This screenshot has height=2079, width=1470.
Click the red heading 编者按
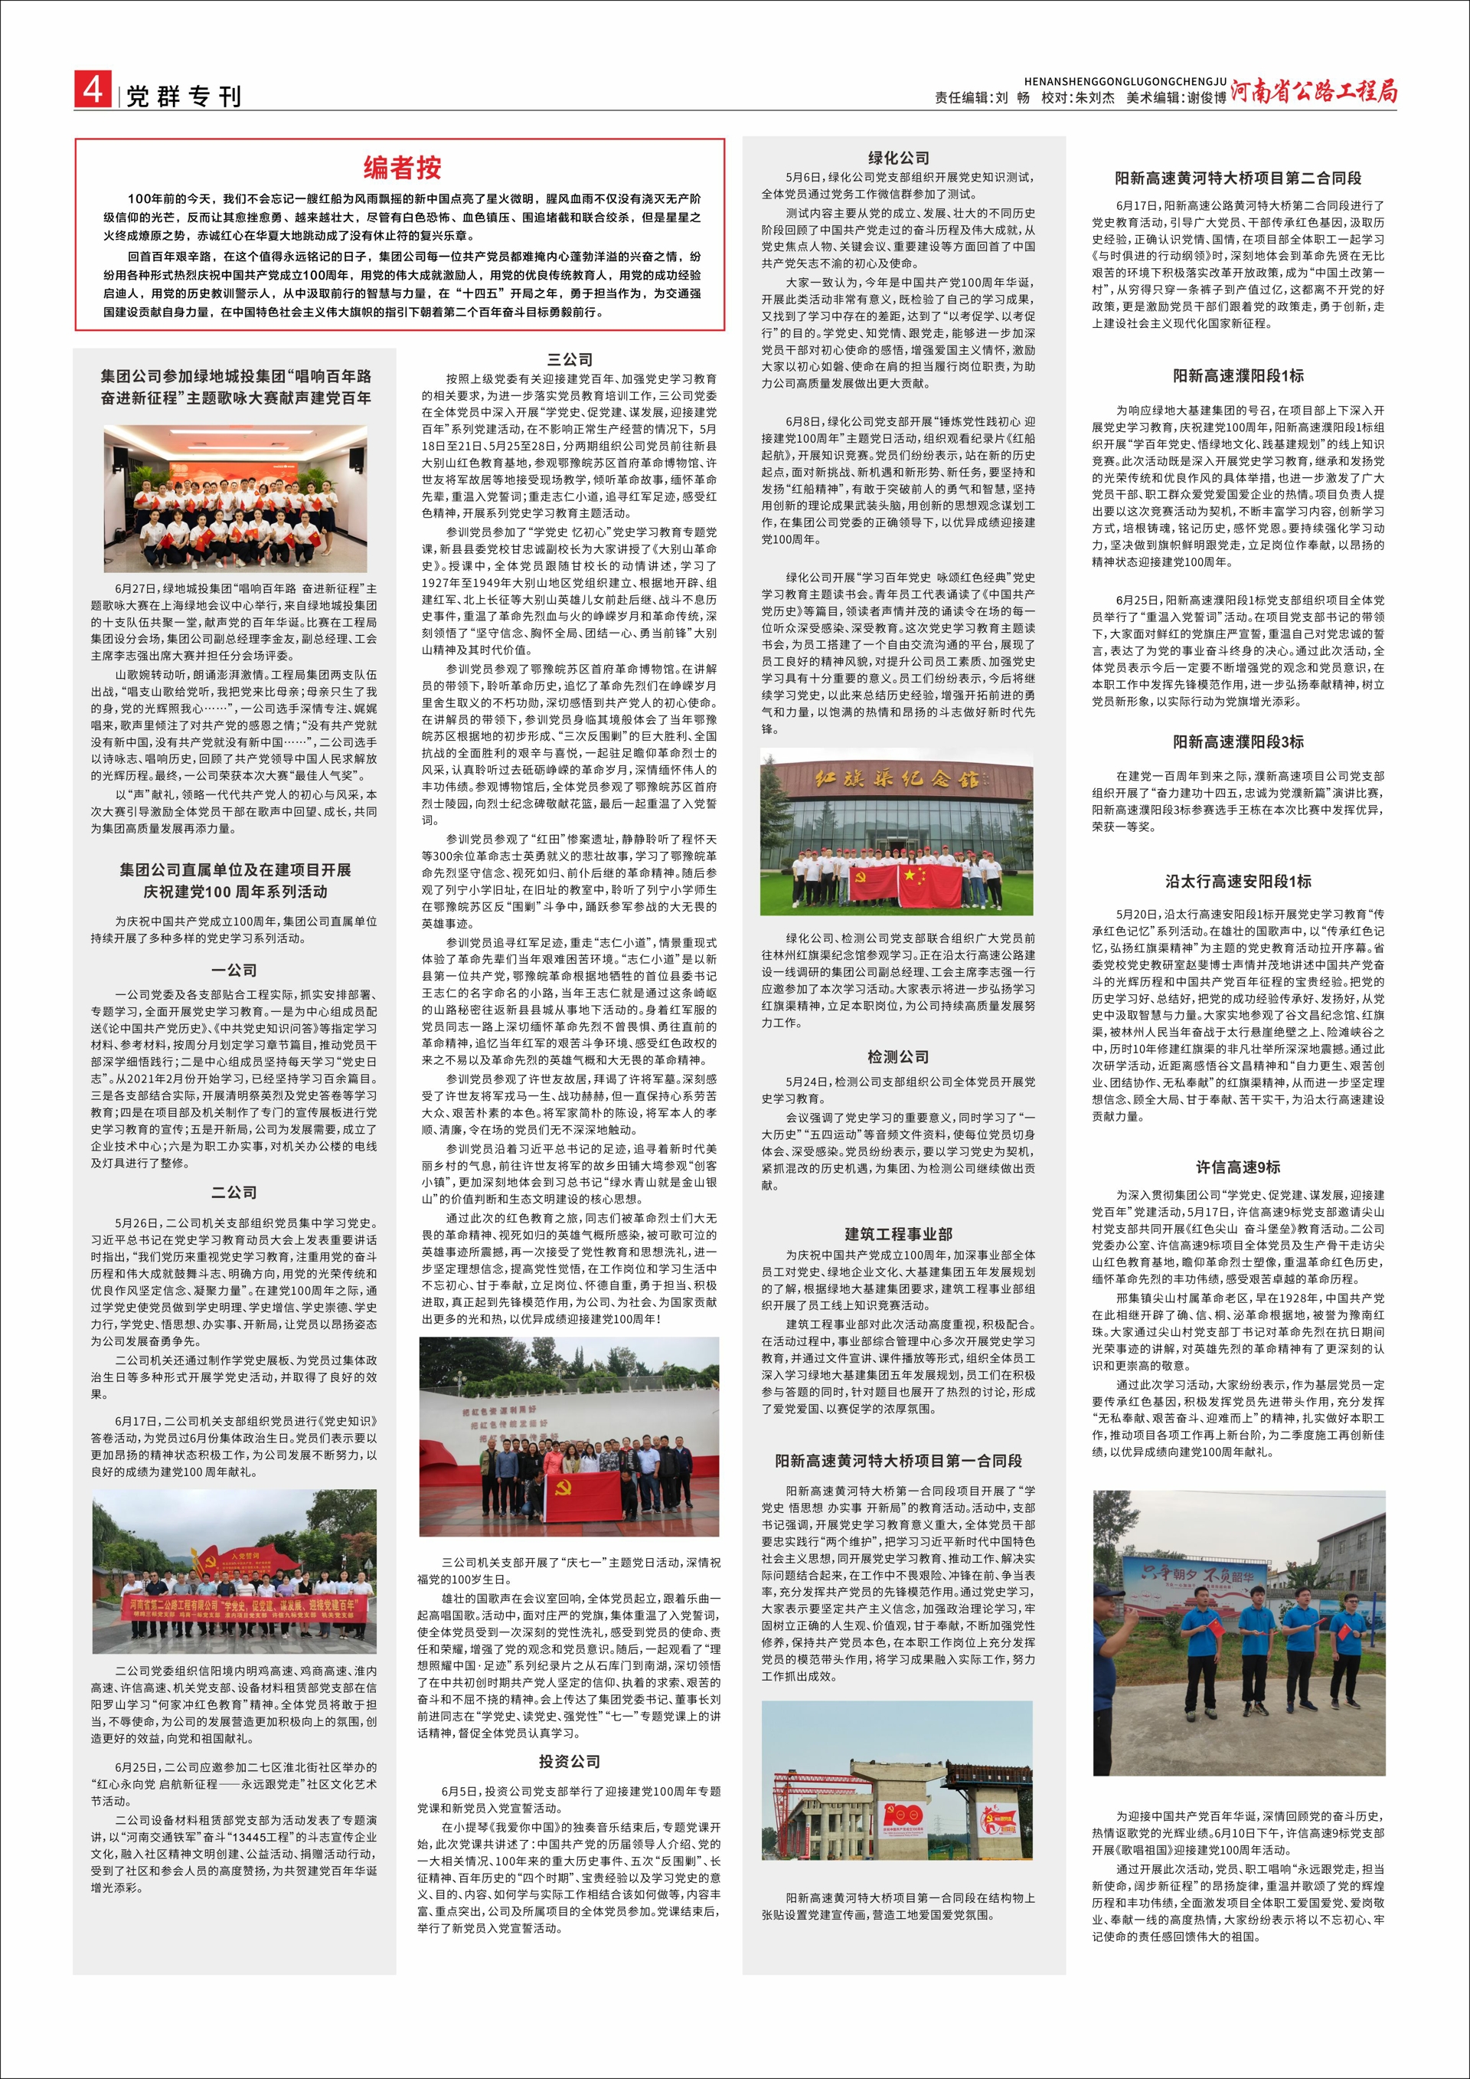click(x=402, y=168)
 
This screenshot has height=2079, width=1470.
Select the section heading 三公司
click(x=570, y=359)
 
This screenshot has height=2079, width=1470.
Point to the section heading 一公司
click(x=234, y=970)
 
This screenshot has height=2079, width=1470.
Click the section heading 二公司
click(x=234, y=1193)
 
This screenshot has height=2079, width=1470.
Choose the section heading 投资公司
click(x=570, y=1761)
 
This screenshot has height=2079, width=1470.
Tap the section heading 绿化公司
click(x=898, y=158)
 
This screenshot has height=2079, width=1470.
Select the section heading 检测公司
click(x=898, y=1056)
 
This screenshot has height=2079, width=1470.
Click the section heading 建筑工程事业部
click(x=898, y=1234)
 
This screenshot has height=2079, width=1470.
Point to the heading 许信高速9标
click(x=1237, y=1167)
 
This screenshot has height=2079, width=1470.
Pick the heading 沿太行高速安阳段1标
click(x=1237, y=881)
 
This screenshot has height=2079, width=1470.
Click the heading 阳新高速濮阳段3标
click(x=1237, y=742)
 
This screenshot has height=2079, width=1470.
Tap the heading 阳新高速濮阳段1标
click(x=1237, y=376)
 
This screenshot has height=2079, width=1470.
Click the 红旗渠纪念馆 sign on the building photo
click(x=898, y=780)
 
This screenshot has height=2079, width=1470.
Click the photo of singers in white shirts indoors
click(x=235, y=498)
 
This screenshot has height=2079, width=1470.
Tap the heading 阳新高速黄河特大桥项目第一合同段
click(x=898, y=1461)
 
